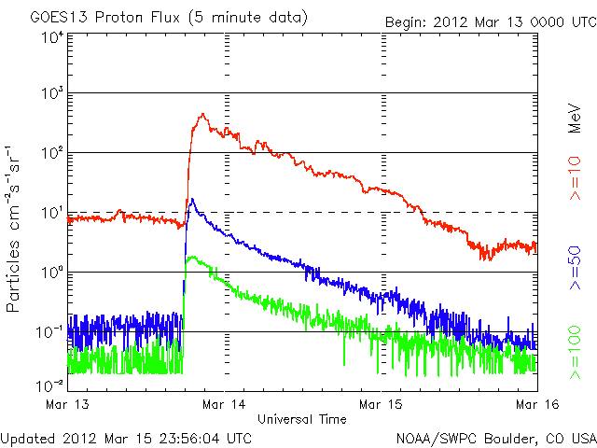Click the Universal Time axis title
pyautogui.click(x=302, y=419)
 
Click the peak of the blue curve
pyautogui.click(x=192, y=199)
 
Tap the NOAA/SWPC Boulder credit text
pyautogui.click(x=495, y=437)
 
